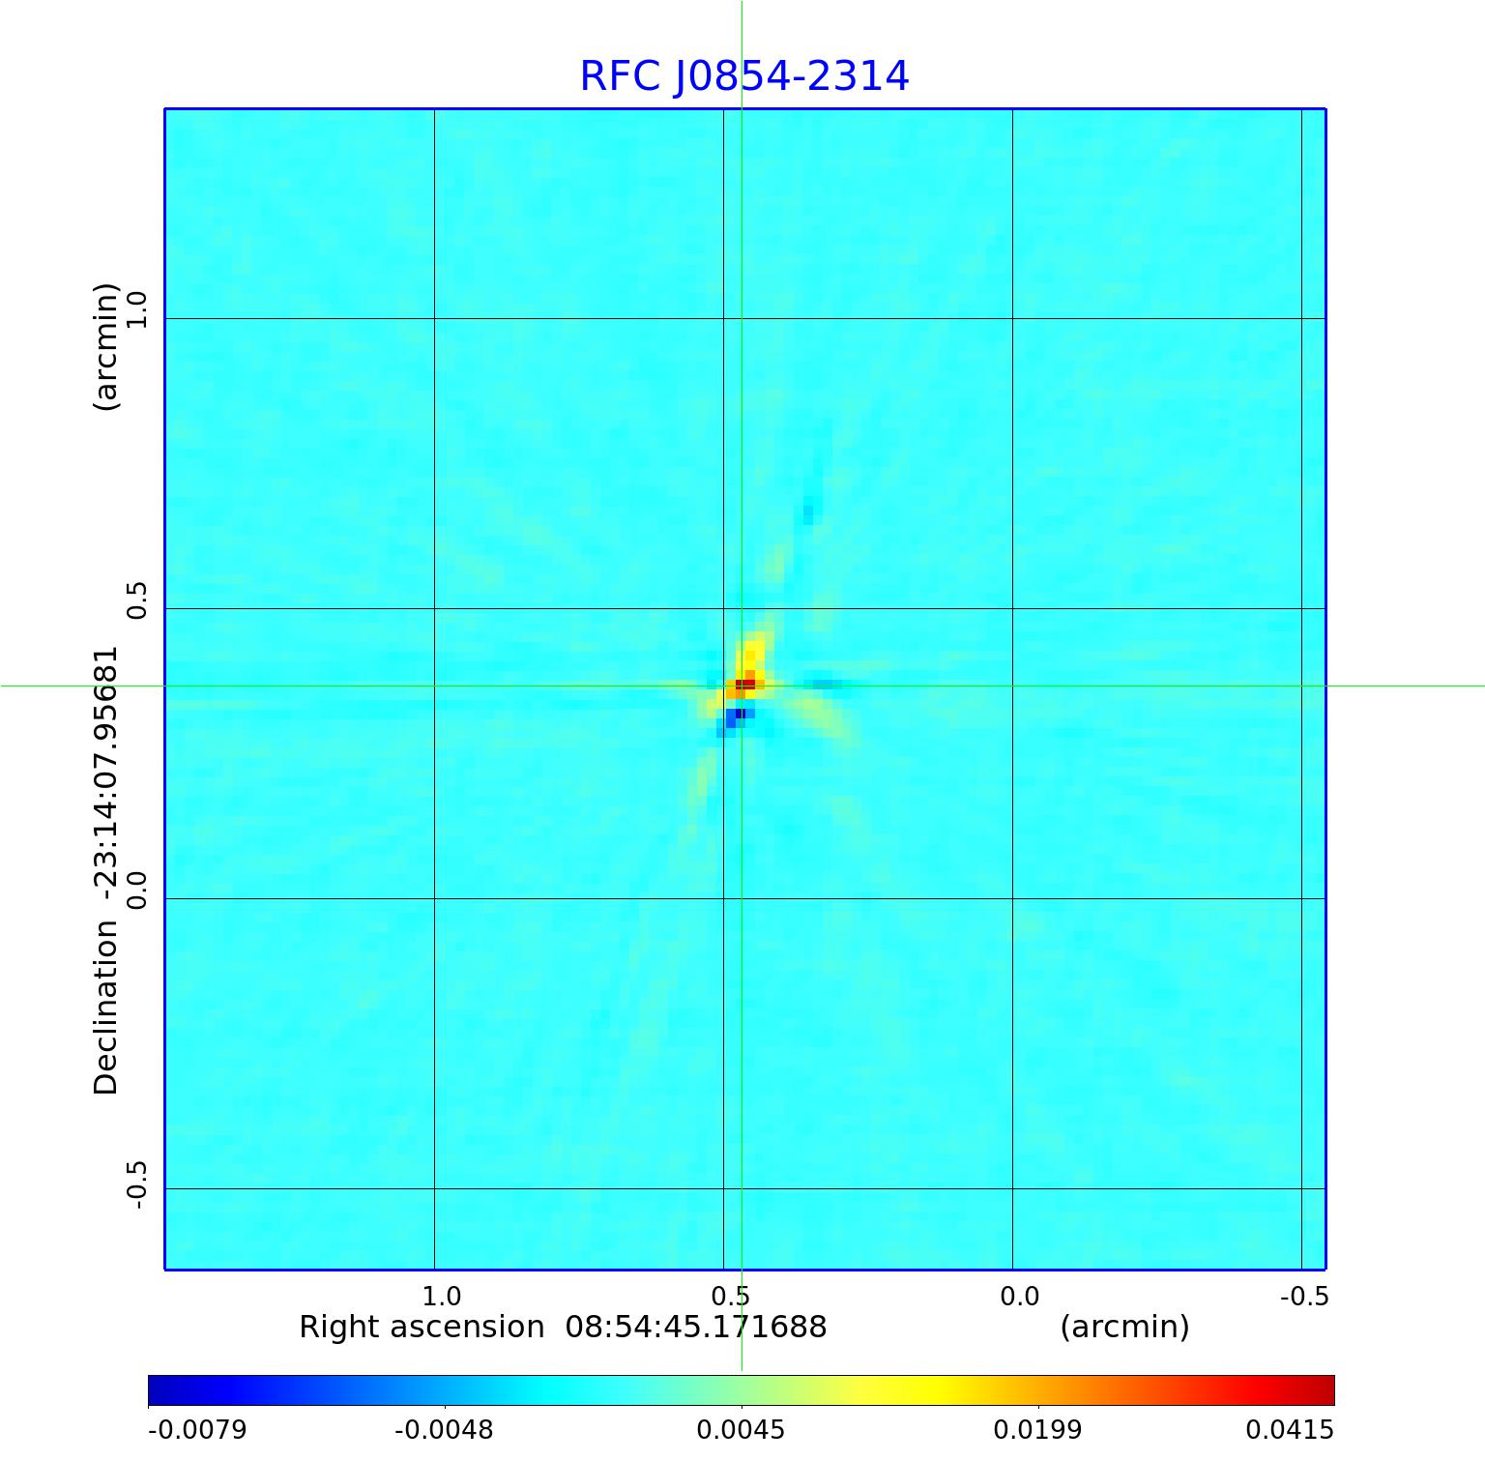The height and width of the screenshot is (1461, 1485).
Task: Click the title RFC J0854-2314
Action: point(743,76)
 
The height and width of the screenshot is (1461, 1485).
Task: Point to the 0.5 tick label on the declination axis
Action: point(135,600)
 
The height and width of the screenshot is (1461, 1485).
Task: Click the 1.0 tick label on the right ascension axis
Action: point(442,1296)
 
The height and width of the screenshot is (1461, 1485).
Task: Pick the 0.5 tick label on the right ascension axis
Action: point(731,1296)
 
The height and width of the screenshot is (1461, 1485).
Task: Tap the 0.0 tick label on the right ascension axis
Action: point(1019,1296)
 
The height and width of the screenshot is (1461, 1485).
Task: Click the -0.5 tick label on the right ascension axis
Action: point(1303,1296)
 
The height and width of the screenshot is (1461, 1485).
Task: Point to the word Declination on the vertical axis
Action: point(105,1008)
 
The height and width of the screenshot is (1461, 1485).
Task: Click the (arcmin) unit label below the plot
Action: point(1124,1327)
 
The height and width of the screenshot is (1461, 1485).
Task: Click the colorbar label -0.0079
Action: point(197,1429)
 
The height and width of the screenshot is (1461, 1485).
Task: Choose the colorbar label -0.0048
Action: point(445,1429)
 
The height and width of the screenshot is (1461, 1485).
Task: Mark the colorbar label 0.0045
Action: point(742,1429)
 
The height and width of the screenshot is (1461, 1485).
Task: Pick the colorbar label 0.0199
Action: point(1037,1429)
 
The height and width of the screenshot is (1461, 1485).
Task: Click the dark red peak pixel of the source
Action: point(743,685)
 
